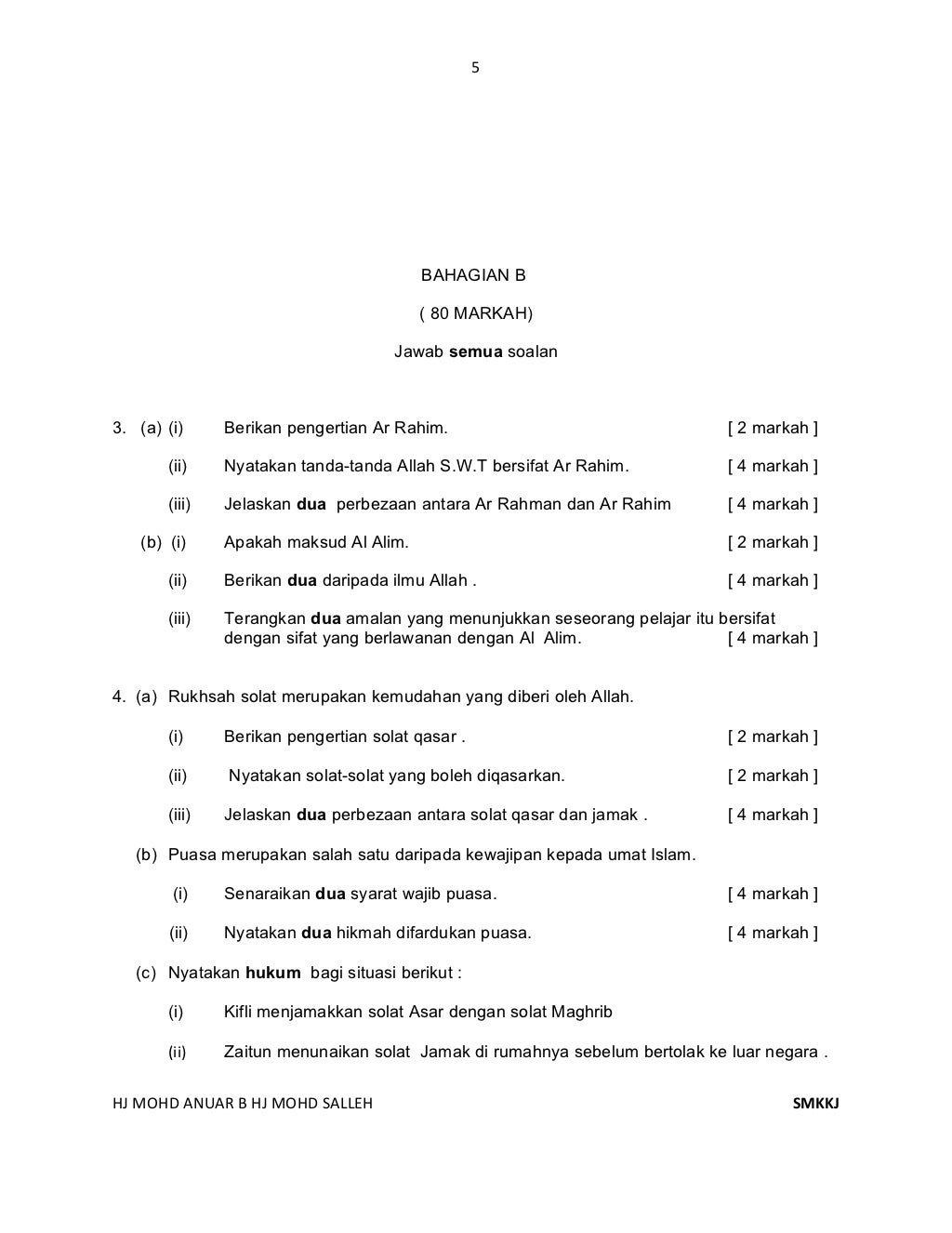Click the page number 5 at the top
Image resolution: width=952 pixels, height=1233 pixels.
point(475,67)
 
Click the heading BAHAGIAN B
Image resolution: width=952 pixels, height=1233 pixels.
point(473,275)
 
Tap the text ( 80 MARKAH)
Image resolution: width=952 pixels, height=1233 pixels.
point(476,313)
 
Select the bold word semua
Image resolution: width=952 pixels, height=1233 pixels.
point(476,352)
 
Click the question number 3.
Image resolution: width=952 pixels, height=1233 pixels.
point(118,428)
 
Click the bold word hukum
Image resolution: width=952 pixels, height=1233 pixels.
point(273,973)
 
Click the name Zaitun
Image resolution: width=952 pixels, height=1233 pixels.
point(246,1052)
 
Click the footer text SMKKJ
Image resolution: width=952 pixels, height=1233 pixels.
point(815,1104)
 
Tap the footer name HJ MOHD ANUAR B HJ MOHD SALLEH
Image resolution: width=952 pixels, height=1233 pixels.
point(242,1104)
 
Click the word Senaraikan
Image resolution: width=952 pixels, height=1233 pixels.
point(267,894)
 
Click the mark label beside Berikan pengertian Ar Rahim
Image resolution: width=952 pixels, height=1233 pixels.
point(773,428)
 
